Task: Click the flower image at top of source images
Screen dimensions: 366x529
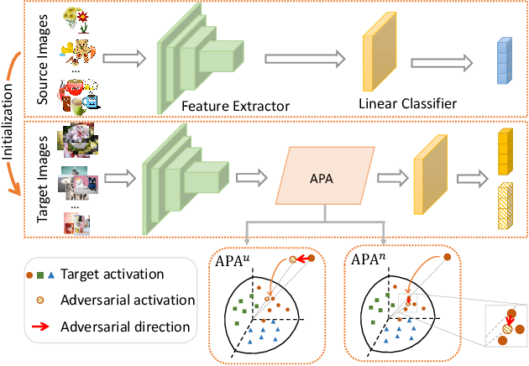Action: (77, 18)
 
